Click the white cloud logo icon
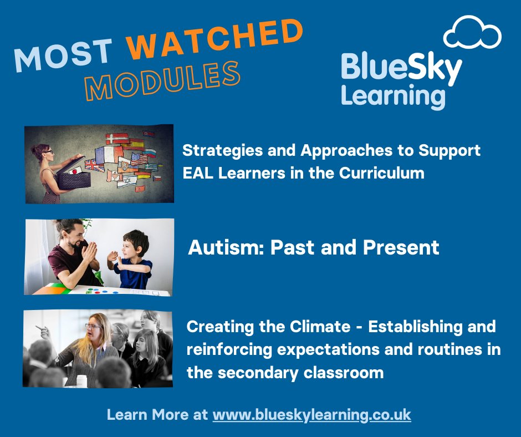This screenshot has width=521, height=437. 473,33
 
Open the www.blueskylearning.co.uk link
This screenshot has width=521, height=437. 311,414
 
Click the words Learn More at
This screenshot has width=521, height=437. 157,414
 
